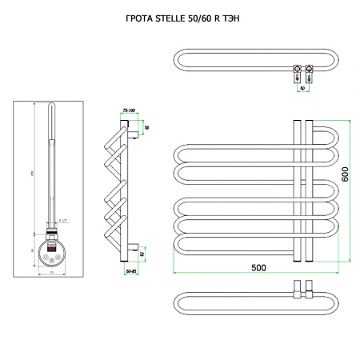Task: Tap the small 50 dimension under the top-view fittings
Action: point(302,88)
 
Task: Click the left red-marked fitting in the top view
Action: point(296,70)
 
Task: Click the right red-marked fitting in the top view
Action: point(309,70)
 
